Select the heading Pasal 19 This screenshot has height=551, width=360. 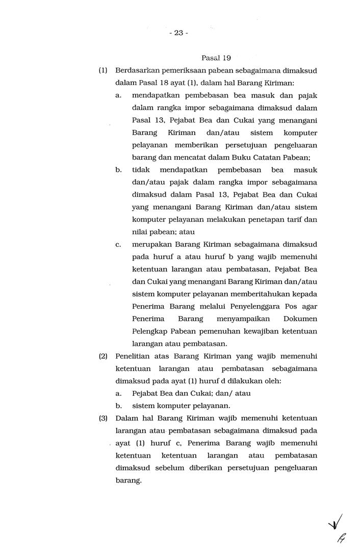pyautogui.click(x=217, y=58)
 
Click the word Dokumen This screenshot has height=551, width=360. pyautogui.click(x=299, y=319)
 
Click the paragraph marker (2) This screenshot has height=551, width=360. pyautogui.click(x=103, y=356)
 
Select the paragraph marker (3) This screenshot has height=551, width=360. pyautogui.click(x=103, y=418)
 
